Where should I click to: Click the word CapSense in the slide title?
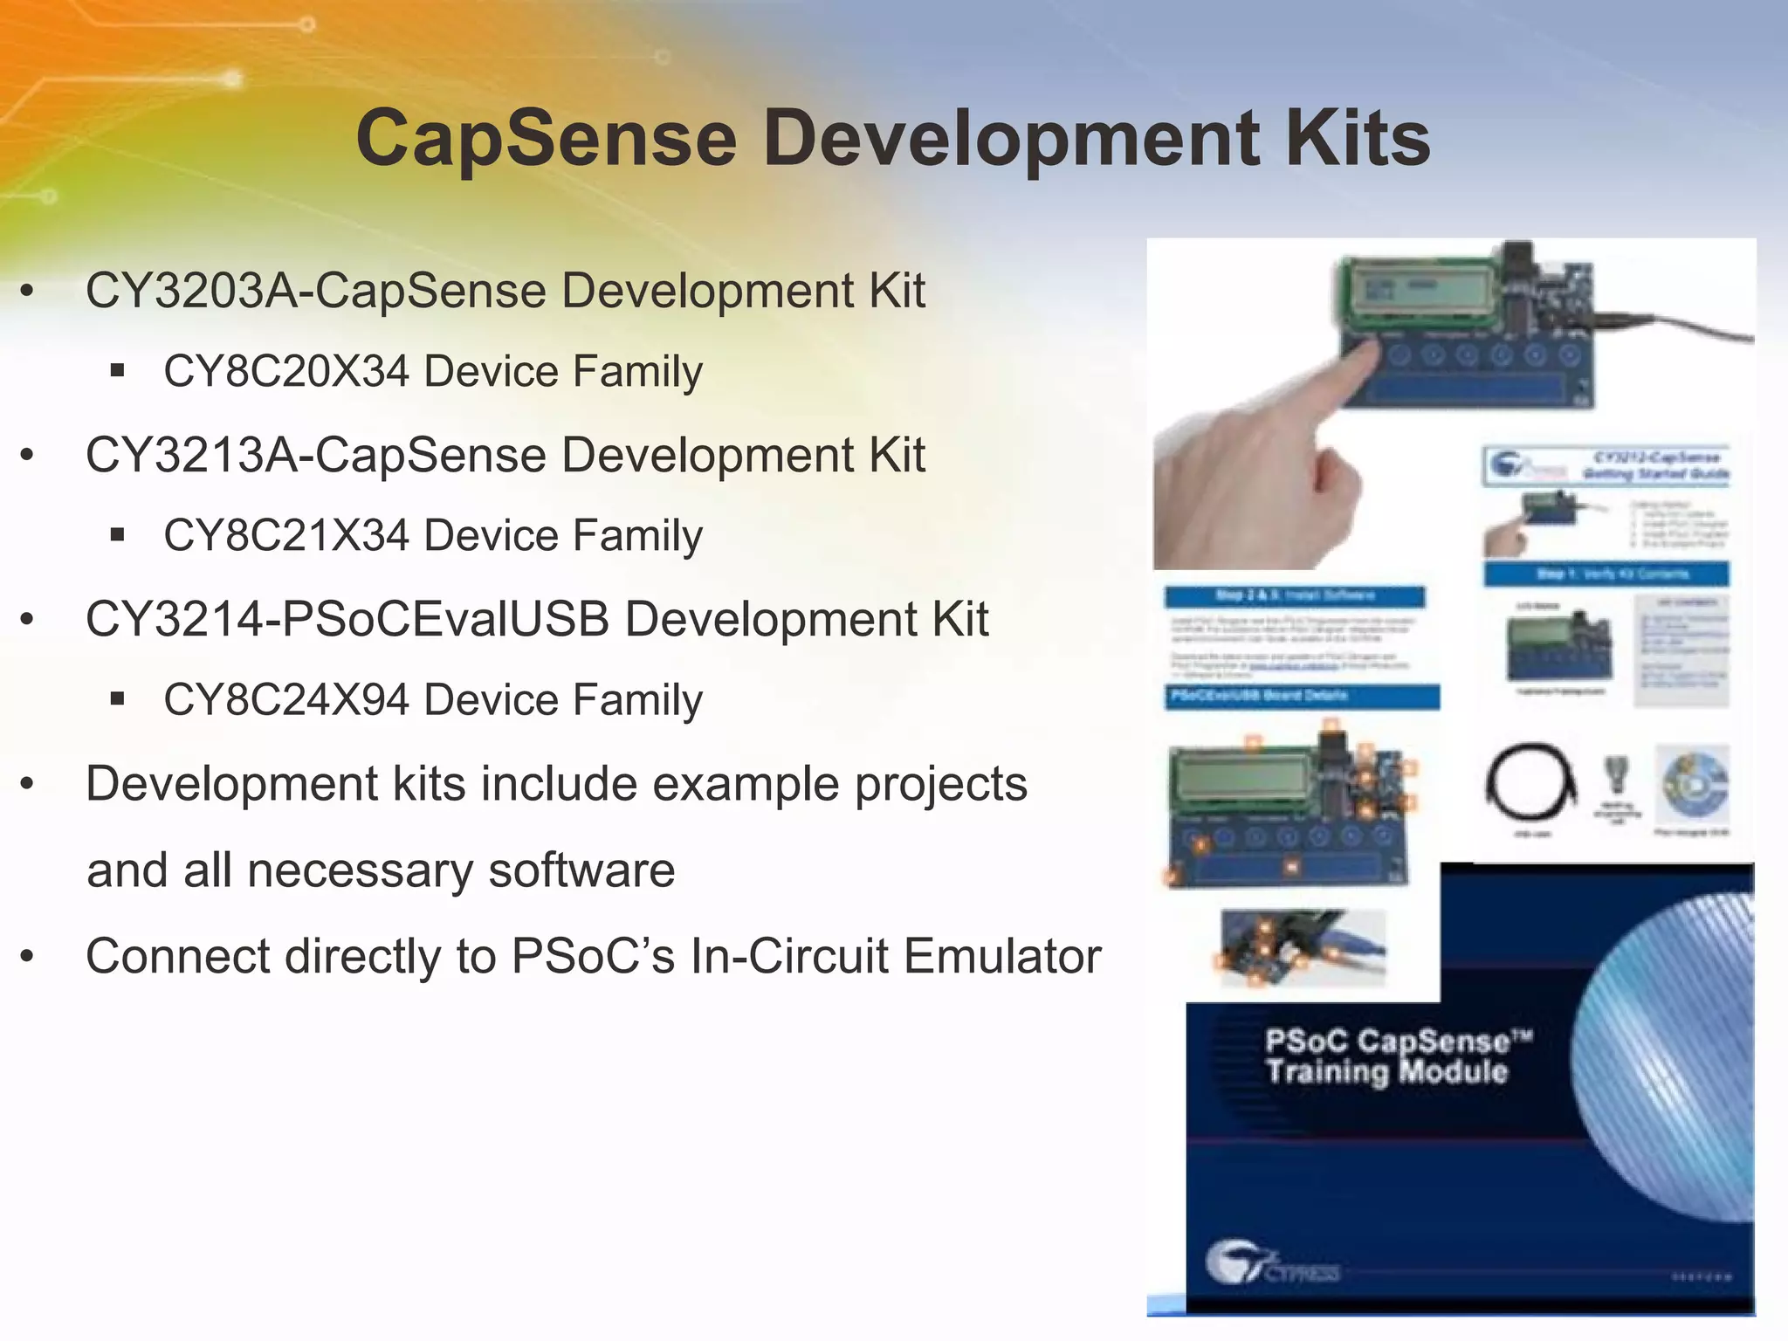coord(547,140)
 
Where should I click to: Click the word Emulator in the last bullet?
coord(1002,956)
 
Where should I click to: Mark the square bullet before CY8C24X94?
coord(118,698)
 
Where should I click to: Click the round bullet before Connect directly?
coord(28,957)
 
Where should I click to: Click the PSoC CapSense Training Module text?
coord(1388,1056)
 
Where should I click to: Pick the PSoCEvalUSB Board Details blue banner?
coord(1301,697)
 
